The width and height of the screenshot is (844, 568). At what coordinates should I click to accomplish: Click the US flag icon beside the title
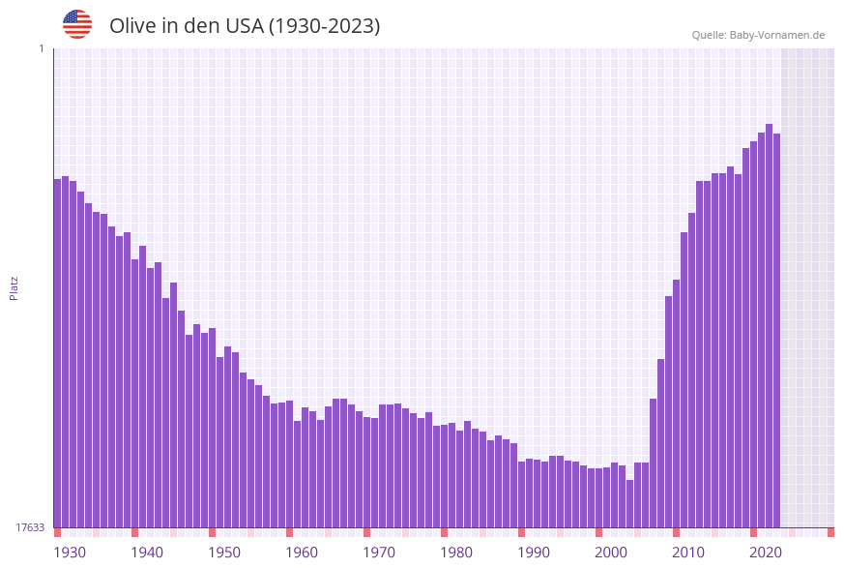(77, 24)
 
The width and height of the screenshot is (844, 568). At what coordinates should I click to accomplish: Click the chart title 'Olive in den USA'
(245, 26)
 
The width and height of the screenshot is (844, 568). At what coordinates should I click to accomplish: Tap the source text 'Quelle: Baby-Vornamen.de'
(758, 35)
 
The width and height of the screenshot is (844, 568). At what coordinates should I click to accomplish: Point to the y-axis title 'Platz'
(15, 287)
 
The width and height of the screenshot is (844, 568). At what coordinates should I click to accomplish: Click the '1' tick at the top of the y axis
(41, 48)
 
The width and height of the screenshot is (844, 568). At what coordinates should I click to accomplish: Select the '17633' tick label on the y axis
(30, 527)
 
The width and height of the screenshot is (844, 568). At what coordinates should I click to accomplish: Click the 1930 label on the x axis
(70, 552)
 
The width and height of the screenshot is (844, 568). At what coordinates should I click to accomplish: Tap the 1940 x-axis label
(147, 552)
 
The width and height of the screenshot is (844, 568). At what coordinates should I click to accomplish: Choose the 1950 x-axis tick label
(224, 552)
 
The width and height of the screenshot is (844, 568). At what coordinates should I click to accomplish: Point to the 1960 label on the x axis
(302, 552)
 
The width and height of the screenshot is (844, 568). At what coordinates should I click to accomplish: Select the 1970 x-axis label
(379, 552)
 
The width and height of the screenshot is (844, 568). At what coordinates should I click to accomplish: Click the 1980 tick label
(456, 552)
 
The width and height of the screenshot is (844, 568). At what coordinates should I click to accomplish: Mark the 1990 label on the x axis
(534, 552)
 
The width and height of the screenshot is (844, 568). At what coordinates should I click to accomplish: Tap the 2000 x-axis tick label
(611, 552)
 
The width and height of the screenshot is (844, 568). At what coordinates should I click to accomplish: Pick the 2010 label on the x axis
(688, 552)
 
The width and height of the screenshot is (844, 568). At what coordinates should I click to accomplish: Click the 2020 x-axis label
(766, 552)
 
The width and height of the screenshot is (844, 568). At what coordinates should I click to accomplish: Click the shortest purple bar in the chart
(629, 503)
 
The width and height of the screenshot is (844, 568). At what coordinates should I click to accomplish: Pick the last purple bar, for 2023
(776, 330)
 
